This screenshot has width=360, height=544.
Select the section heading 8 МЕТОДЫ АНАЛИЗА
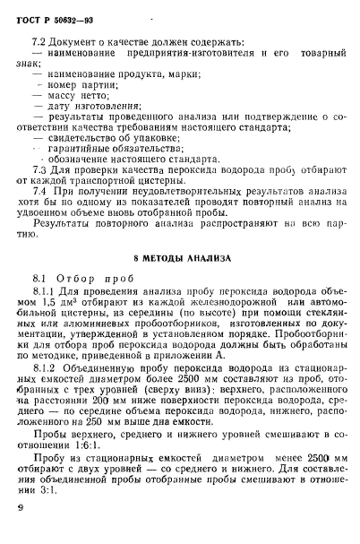coord(179,258)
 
